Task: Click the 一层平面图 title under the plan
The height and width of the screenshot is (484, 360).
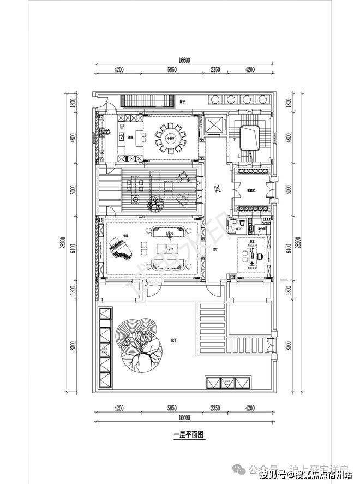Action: click(188, 435)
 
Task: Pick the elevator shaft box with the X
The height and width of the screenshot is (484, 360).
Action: click(213, 124)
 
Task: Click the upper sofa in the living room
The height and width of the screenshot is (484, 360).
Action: click(170, 233)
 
